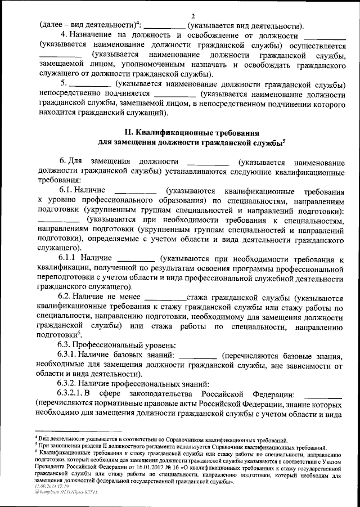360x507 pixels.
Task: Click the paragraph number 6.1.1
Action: [67, 258]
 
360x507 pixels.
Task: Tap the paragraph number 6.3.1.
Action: [67, 355]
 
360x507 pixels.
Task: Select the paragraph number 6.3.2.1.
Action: [71, 393]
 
